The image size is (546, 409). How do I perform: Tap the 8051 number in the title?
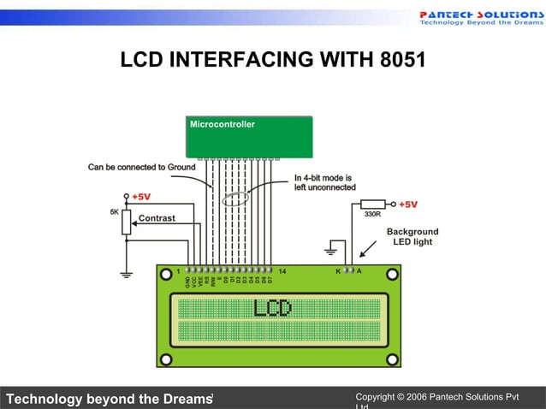click(399, 61)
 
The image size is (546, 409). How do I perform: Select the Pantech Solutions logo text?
click(480, 15)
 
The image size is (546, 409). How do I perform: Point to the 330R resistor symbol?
click(372, 204)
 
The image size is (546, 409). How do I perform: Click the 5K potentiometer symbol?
click(127, 222)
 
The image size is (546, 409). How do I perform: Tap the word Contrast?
click(157, 218)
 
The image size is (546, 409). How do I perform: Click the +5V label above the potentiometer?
click(141, 196)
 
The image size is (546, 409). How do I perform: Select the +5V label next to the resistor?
click(408, 204)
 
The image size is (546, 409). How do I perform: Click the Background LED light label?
click(412, 237)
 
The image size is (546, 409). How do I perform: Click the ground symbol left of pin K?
click(329, 252)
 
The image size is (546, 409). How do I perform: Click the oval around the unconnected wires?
click(235, 199)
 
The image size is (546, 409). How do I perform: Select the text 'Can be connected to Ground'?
click(141, 167)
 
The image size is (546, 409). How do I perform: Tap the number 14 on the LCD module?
click(282, 271)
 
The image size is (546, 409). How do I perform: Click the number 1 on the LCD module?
click(177, 271)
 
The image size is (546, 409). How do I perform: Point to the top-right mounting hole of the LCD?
click(391, 274)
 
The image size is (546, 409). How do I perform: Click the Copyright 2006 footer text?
click(436, 398)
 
